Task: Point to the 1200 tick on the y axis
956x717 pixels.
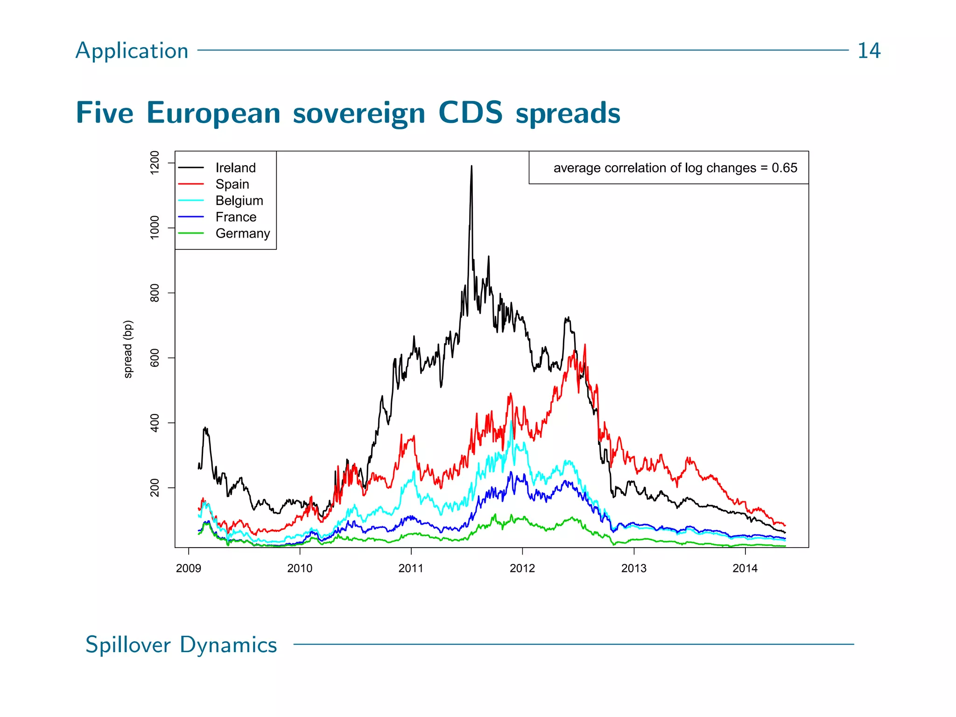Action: click(x=155, y=162)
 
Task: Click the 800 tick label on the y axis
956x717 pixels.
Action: click(x=155, y=293)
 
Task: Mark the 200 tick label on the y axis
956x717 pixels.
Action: click(x=155, y=488)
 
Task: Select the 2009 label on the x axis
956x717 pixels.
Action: click(x=188, y=568)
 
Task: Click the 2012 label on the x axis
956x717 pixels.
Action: click(x=522, y=568)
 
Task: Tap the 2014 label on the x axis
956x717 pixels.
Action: click(x=745, y=568)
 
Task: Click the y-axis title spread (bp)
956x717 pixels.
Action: click(x=128, y=349)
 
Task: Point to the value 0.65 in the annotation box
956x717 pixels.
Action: click(x=784, y=168)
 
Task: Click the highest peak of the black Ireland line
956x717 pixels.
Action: click(x=471, y=166)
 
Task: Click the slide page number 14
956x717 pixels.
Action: click(x=869, y=50)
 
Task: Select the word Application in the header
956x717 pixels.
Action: click(x=132, y=50)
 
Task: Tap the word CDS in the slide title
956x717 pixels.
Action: click(x=470, y=112)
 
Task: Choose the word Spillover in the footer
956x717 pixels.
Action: click(x=128, y=645)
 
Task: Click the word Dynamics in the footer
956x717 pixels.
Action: click(x=228, y=645)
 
